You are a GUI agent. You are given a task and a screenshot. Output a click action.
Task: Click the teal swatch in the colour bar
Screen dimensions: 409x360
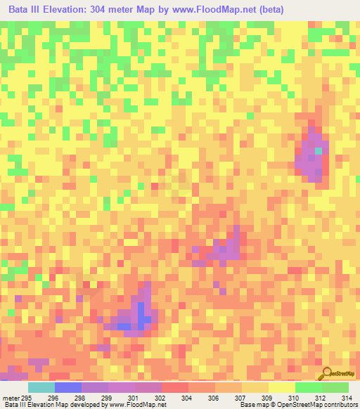(x=41, y=387)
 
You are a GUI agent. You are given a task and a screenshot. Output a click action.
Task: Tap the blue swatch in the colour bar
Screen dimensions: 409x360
(x=68, y=387)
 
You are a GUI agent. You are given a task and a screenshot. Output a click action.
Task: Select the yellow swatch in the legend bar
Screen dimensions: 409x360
(x=282, y=387)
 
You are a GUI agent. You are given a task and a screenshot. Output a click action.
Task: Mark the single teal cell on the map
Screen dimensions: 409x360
(x=319, y=150)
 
